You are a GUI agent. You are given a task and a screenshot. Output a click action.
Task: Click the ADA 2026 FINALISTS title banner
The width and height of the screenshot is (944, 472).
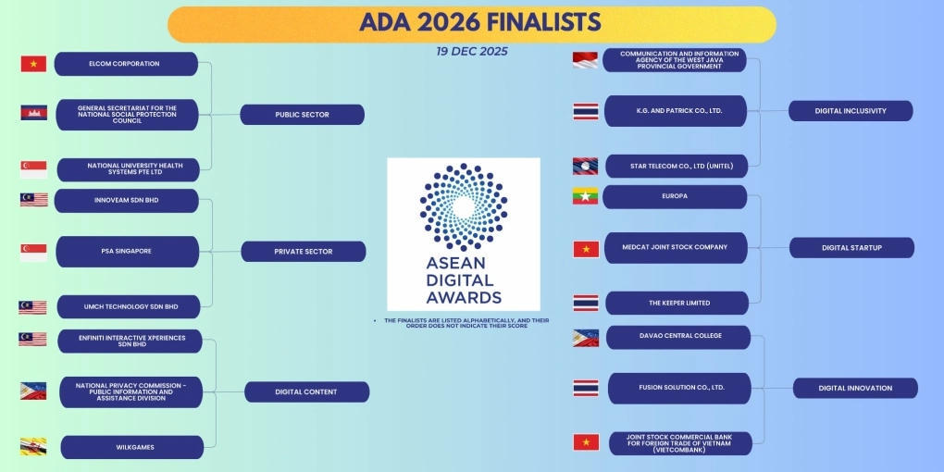[472, 23]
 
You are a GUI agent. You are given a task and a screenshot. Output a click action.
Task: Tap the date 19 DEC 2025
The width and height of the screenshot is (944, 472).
[472, 52]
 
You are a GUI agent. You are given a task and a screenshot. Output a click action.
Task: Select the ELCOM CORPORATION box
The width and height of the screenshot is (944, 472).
[126, 64]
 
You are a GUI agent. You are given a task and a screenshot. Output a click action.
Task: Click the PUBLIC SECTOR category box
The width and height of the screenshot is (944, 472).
[302, 115]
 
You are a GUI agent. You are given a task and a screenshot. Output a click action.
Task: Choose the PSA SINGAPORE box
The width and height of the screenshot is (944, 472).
[127, 251]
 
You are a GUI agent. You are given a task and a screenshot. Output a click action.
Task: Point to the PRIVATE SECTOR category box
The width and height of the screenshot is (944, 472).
[303, 251]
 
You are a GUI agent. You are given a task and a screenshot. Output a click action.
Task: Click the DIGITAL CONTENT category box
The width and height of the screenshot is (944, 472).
[306, 391]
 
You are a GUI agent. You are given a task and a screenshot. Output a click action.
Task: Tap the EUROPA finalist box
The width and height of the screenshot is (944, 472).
[674, 196]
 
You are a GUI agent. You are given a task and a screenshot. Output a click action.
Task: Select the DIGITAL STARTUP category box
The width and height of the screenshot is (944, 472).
[851, 247]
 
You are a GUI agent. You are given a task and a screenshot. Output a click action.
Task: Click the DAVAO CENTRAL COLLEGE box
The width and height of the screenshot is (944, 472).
[679, 336]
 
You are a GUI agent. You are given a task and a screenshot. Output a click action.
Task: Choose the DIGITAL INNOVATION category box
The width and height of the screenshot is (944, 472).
[855, 388]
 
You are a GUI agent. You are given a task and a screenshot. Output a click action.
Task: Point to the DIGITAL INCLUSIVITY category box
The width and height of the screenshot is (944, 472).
[851, 111]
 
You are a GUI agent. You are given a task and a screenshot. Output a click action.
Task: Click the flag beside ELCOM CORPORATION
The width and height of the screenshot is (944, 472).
[33, 64]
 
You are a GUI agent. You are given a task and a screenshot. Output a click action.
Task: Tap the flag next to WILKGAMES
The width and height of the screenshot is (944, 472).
[33, 446]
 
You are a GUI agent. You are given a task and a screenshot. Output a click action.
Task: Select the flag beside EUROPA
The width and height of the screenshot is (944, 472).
[585, 196]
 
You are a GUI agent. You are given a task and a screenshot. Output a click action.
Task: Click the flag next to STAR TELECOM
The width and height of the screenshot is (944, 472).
[585, 166]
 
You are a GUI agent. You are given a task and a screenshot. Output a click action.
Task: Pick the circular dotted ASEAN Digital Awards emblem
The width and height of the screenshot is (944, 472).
[463, 206]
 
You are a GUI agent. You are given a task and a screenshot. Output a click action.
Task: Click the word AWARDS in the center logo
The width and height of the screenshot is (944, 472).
[464, 297]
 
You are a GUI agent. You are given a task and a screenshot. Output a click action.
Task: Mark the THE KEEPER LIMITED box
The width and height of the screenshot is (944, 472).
[678, 303]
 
